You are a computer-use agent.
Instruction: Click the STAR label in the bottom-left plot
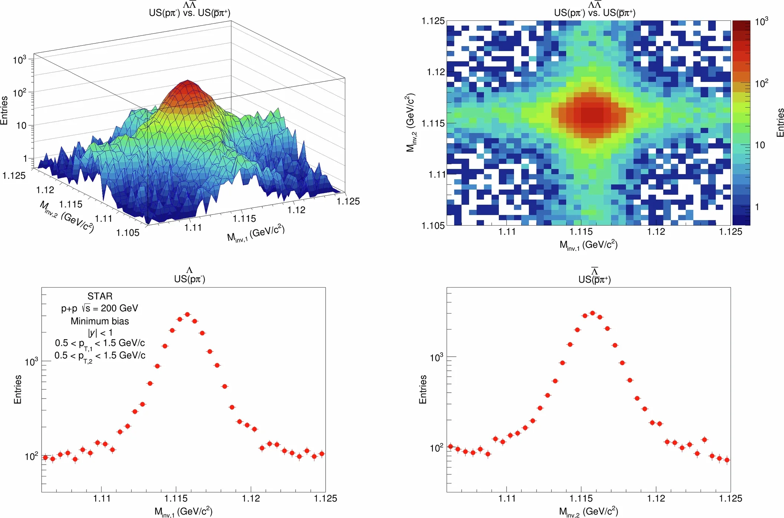[100, 296]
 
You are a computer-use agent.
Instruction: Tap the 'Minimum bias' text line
[100, 321]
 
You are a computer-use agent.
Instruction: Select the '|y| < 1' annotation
[100, 332]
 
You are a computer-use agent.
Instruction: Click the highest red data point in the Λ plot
[187, 314]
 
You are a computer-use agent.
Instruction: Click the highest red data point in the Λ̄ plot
[592, 313]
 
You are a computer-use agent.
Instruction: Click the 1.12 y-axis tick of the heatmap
[435, 72]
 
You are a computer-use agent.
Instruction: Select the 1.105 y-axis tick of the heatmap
[433, 225]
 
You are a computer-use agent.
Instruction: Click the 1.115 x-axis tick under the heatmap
[581, 232]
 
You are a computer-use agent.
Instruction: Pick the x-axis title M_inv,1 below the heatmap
[588, 245]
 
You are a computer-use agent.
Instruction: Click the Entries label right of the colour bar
[780, 122]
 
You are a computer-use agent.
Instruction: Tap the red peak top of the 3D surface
[187, 81]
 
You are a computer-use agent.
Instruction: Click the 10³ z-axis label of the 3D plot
[19, 60]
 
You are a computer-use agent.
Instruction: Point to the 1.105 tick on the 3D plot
[128, 233]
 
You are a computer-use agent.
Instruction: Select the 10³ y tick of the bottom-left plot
[32, 362]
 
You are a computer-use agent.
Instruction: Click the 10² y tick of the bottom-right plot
[437, 448]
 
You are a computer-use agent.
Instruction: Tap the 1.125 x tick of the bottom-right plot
[730, 498]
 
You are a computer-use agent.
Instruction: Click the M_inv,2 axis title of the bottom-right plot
[588, 512]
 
